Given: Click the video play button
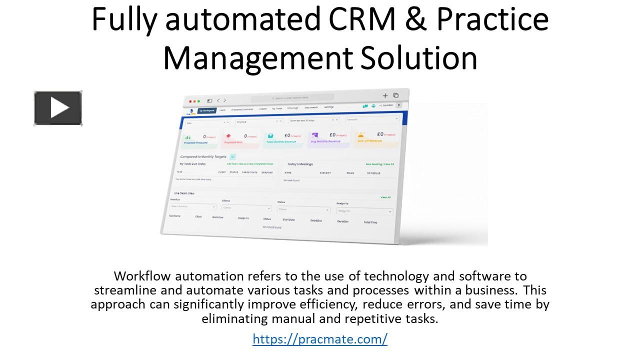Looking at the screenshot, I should [x=58, y=108].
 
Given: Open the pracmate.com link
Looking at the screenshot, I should [x=320, y=339].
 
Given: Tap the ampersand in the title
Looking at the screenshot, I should [x=416, y=20].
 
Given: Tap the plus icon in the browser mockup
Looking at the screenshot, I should [x=385, y=95].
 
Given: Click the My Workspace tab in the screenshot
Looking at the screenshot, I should [x=206, y=110].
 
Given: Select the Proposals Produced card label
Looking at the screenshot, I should [x=195, y=142].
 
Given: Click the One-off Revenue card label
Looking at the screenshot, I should [x=369, y=141].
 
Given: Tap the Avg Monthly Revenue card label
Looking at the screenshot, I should [x=325, y=141].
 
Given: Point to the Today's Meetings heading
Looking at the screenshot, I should [x=300, y=164].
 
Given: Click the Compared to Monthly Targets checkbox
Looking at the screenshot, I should [x=232, y=156].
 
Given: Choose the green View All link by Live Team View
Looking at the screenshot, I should [x=385, y=197].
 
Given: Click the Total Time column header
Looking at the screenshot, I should [x=370, y=222].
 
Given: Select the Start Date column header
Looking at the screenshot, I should [x=289, y=219].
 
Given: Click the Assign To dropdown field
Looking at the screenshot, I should [x=364, y=211].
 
